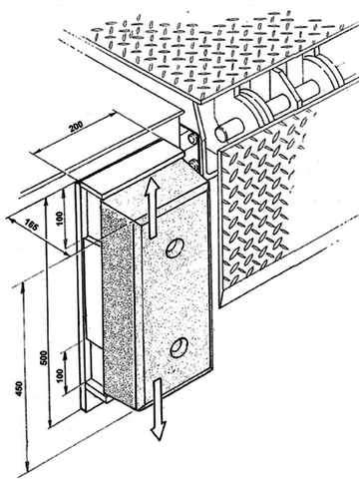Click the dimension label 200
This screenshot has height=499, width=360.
(x=76, y=126)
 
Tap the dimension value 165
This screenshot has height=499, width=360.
(x=31, y=227)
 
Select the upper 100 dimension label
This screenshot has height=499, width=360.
(x=60, y=217)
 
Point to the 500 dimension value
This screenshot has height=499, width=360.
(x=44, y=357)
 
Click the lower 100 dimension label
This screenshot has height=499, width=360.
(x=60, y=375)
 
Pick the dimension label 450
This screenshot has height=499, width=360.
(x=19, y=388)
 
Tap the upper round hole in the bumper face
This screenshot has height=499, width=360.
(x=175, y=248)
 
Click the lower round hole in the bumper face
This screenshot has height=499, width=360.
(x=179, y=347)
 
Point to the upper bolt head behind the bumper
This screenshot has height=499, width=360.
(x=191, y=138)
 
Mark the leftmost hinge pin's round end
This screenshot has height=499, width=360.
(x=221, y=133)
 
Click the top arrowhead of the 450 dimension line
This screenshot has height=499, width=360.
(x=23, y=285)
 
